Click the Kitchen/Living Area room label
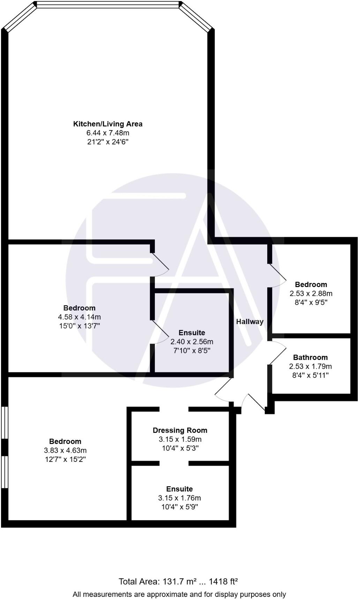click(x=107, y=124)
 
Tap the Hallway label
click(x=250, y=322)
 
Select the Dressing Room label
click(x=180, y=430)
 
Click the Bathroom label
click(x=310, y=357)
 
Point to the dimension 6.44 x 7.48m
click(x=107, y=133)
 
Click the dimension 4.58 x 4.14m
click(x=79, y=317)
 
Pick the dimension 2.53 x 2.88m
click(x=311, y=293)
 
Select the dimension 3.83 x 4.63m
click(x=65, y=450)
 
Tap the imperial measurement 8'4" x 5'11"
click(x=310, y=375)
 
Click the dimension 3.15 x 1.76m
click(x=179, y=498)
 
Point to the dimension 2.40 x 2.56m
click(x=192, y=342)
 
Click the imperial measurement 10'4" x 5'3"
click(x=180, y=448)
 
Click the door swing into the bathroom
click(x=277, y=352)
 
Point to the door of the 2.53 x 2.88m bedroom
click(x=277, y=276)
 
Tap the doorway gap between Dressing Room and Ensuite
click(x=174, y=463)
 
